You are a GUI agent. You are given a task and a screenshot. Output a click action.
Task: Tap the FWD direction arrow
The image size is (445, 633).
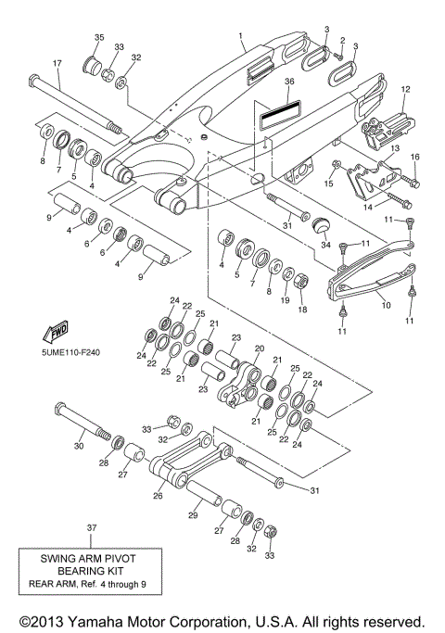click(57, 332)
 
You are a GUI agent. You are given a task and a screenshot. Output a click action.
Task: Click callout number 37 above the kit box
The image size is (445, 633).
click(91, 527)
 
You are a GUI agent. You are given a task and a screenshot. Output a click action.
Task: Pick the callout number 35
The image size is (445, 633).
click(98, 37)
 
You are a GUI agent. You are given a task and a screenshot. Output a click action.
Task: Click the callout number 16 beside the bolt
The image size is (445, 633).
click(414, 157)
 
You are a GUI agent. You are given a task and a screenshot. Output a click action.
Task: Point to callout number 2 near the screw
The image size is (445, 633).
click(342, 41)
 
